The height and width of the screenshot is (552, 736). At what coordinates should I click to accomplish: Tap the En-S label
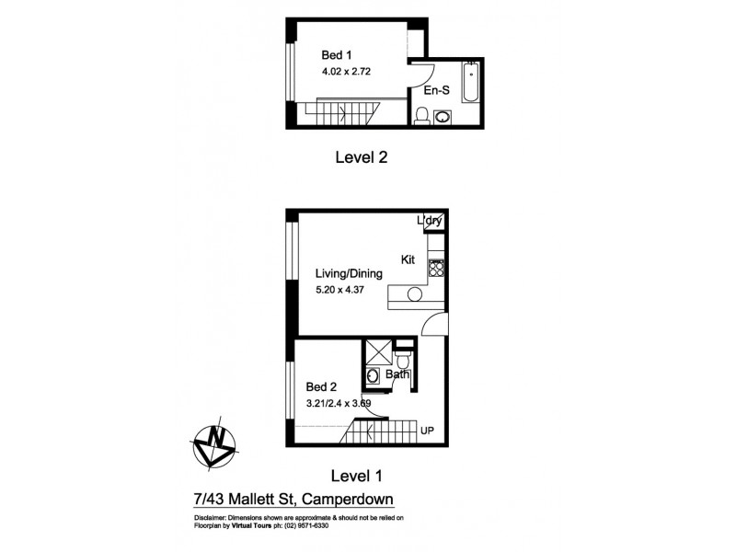435,92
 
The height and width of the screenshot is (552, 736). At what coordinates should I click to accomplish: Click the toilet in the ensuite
422,115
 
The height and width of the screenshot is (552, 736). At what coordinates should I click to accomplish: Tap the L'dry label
430,221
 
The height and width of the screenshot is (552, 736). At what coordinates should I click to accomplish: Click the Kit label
408,260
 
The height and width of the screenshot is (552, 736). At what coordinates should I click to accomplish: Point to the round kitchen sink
413,294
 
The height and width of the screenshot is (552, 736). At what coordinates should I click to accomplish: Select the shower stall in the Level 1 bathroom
377,351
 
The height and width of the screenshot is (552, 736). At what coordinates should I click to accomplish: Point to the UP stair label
427,430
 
